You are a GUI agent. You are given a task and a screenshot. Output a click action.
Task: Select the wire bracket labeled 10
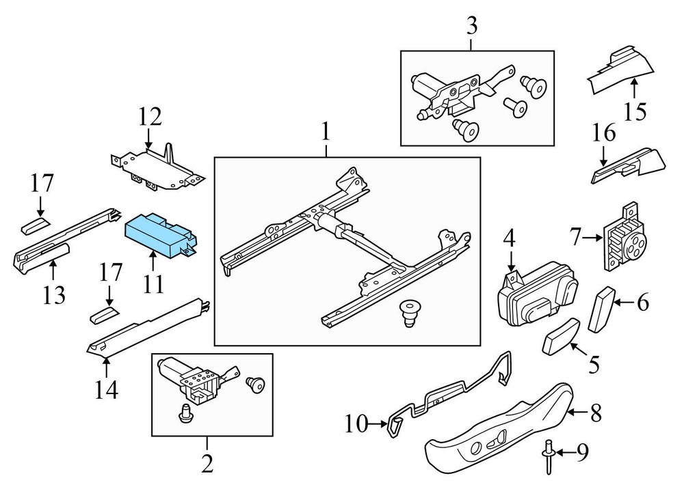(451, 396)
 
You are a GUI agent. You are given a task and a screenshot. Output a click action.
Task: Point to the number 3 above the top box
(472, 27)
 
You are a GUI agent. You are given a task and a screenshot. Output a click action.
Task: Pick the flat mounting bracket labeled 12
(157, 167)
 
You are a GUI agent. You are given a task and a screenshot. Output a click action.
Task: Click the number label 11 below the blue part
(153, 282)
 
